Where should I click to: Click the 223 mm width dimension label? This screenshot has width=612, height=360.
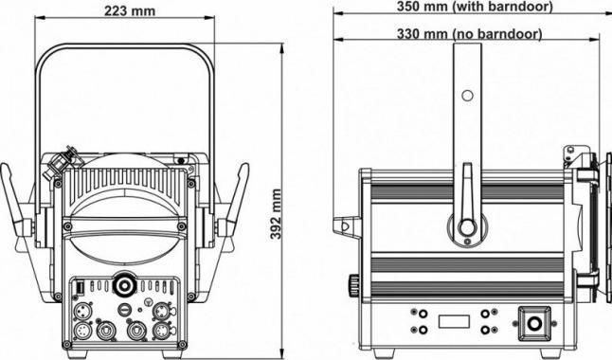click(129, 10)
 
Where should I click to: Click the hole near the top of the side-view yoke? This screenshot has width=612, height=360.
click(466, 95)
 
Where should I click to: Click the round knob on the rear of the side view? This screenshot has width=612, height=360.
click(354, 283)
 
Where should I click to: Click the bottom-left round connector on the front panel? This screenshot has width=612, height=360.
click(81, 331)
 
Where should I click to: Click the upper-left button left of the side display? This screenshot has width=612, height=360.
click(415, 312)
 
